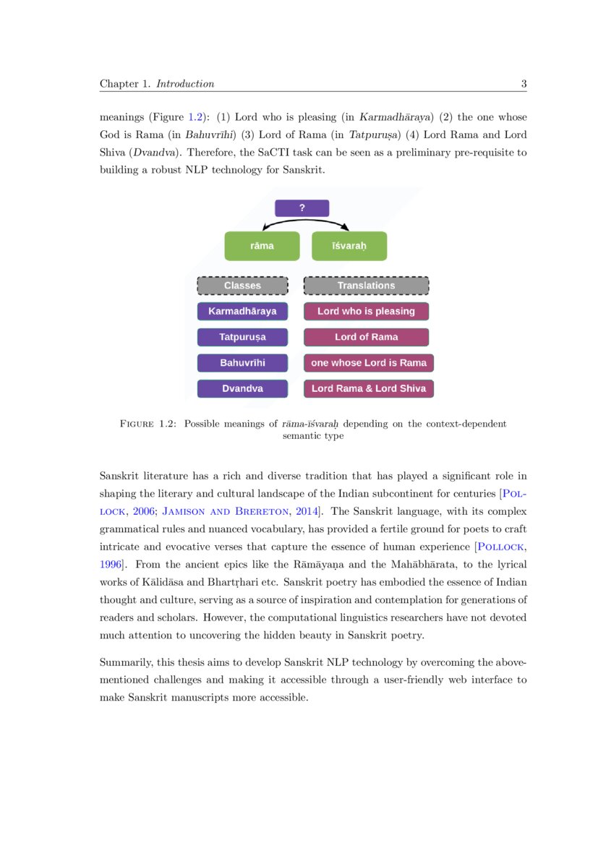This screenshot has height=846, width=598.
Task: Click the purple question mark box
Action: pos(302,208)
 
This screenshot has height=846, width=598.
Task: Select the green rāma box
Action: pos(262,246)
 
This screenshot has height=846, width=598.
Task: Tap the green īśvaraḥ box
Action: pos(349,246)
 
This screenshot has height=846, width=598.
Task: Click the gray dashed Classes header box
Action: pos(242,286)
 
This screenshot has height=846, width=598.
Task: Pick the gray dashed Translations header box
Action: pos(366,286)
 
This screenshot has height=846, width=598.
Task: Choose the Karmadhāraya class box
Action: pos(242,312)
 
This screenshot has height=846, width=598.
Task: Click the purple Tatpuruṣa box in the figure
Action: pos(242,337)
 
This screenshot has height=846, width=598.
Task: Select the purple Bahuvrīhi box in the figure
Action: pos(242,363)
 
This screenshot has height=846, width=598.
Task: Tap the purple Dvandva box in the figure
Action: pos(242,388)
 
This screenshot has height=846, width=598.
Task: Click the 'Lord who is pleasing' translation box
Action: pos(366,312)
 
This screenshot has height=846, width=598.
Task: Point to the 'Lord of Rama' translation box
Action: pos(366,337)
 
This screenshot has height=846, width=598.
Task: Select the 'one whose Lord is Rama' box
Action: pos(369,363)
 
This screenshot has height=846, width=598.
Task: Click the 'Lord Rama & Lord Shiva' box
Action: pos(369,388)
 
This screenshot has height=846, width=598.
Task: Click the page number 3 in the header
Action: pos(524,84)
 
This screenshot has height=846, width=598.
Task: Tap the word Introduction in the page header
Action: pos(185,84)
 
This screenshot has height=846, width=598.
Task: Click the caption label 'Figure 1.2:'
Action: pos(148,424)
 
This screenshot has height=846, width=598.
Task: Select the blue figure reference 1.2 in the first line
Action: pos(195,117)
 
